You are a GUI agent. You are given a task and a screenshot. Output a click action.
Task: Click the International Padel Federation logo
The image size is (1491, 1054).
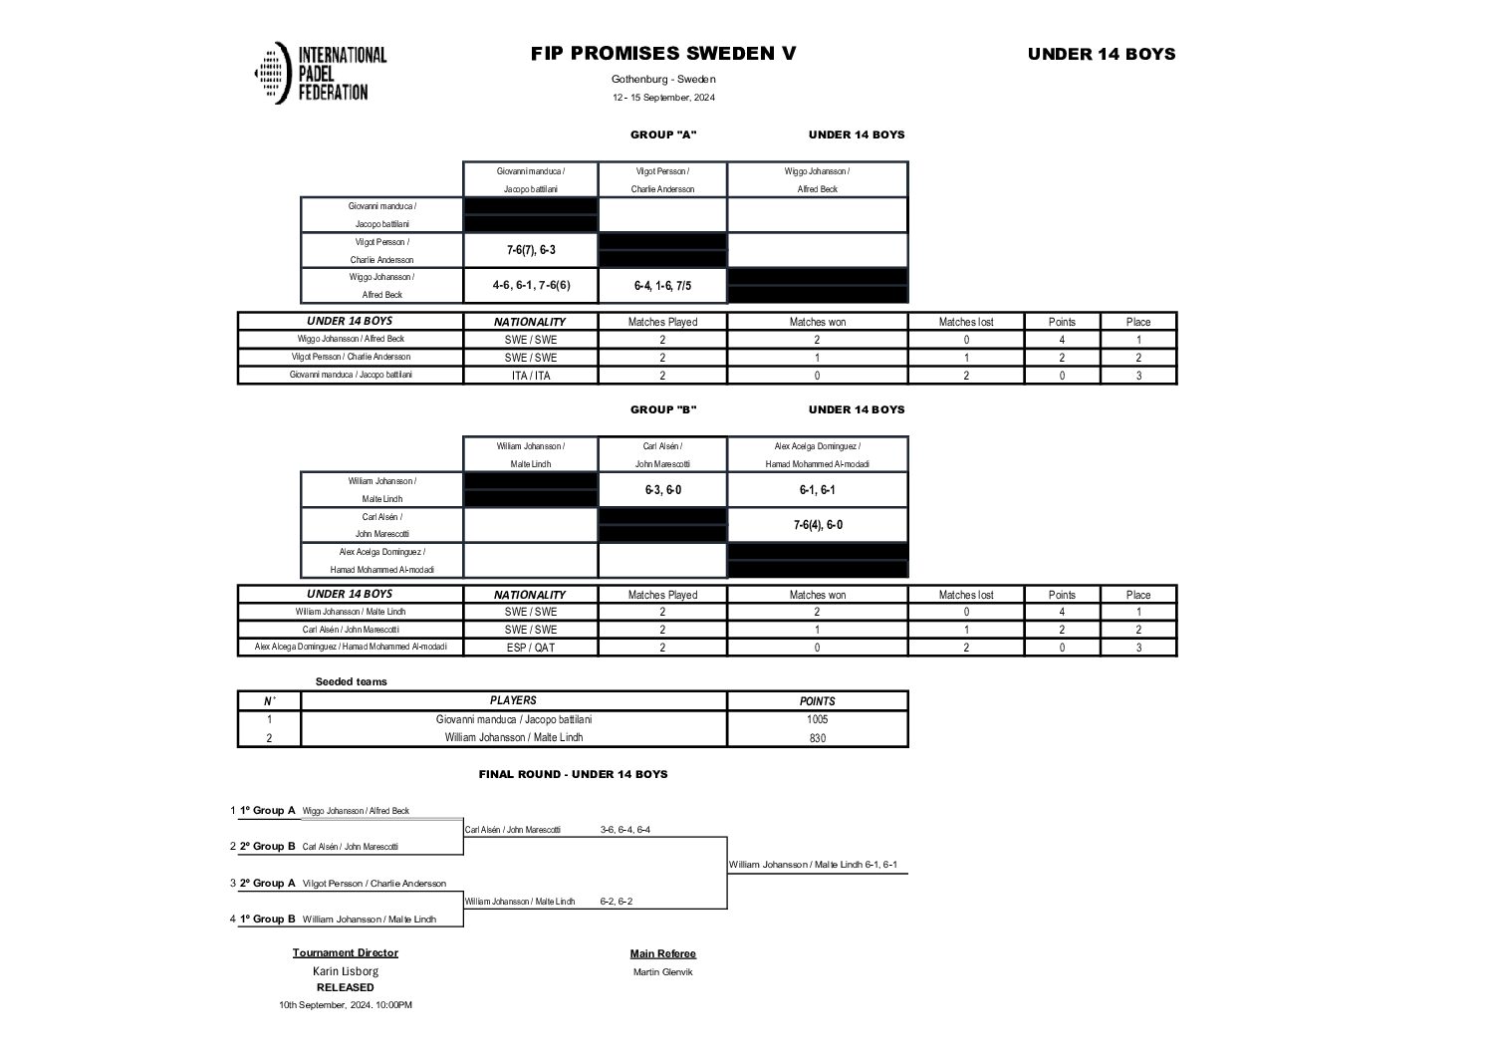[320, 73]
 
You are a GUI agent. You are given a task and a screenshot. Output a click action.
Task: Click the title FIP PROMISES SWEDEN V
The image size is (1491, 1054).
[663, 54]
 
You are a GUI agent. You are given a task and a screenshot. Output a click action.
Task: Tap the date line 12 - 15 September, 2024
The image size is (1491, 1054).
[663, 98]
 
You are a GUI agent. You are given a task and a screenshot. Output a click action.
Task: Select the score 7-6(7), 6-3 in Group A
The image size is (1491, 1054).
[530, 250]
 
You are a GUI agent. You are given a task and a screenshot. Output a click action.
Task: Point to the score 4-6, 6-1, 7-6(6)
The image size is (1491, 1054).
[531, 286]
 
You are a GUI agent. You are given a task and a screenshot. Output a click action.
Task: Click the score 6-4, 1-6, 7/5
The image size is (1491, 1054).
[662, 286]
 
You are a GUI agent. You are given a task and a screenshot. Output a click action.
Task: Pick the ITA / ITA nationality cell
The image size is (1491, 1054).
[530, 376]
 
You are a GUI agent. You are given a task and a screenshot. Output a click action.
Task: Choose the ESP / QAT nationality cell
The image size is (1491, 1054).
[530, 648]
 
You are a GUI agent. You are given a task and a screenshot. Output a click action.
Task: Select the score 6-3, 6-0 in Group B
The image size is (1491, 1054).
[662, 490]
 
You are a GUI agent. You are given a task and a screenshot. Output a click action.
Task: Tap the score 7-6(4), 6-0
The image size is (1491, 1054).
[818, 525]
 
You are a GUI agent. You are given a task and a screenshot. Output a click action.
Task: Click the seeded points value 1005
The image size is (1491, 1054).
[818, 719]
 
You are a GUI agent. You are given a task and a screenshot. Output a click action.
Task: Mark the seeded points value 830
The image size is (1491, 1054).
[818, 738]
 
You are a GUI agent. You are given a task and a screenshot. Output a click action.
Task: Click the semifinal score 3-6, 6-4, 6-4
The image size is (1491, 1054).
[625, 830]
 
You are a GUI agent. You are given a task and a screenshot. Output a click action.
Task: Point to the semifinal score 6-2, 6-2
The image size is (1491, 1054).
[616, 902]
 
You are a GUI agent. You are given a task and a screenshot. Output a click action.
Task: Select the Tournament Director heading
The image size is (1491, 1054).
[346, 953]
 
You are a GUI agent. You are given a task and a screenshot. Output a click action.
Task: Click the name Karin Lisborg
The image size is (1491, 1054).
[346, 971]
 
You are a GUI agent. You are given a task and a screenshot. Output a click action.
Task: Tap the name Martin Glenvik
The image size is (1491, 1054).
[662, 972]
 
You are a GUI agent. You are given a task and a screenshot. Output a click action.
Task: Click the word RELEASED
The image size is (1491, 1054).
[346, 988]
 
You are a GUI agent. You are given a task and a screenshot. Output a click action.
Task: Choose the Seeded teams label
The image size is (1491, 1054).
[351, 682]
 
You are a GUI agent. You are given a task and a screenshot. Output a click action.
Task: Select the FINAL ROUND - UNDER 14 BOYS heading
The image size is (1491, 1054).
[573, 774]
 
